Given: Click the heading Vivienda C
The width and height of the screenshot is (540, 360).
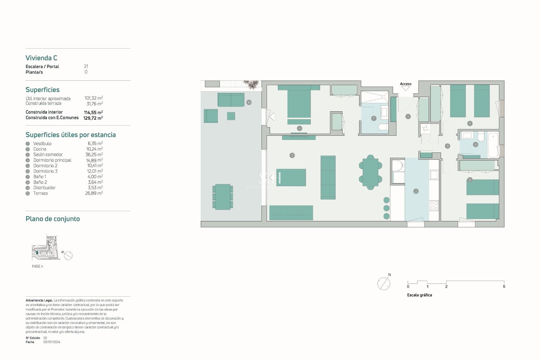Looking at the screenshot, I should pos(41,58).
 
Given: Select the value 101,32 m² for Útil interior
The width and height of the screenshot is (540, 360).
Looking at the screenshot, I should pos(94,98).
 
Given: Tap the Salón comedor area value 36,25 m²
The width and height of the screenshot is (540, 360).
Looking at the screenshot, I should pos(94,155).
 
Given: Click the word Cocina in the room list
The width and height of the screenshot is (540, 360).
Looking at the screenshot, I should pos(40,149).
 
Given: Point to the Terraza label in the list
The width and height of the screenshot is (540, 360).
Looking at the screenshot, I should pos(40,193).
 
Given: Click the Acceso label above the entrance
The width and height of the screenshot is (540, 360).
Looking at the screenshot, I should pos(405,84).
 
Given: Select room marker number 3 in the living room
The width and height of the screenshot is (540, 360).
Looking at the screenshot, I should pos(292,155).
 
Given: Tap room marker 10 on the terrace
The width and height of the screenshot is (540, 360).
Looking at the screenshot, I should pos(249,102).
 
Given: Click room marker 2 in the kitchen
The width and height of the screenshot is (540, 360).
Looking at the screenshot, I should pos(416,191).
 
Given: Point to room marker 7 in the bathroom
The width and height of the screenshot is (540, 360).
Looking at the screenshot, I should pos(373,118).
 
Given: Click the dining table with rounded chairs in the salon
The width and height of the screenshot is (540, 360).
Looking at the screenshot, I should pos(370,172).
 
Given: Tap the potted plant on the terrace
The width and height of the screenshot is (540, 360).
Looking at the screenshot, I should pos(251,84).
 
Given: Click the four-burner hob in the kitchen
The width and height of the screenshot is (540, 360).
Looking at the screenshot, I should pos(434,206).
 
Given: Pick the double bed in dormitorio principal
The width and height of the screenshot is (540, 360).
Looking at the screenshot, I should pos(299,103).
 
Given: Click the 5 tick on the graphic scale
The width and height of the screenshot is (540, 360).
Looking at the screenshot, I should pos(504,286).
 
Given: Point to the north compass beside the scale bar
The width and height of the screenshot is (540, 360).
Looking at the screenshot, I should pos(384,283).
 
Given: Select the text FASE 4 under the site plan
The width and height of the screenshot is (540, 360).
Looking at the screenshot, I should pos(37,266).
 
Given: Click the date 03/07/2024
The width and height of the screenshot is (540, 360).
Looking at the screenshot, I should pos(52,342).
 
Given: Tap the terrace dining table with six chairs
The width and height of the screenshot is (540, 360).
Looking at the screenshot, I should pos(222,197).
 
